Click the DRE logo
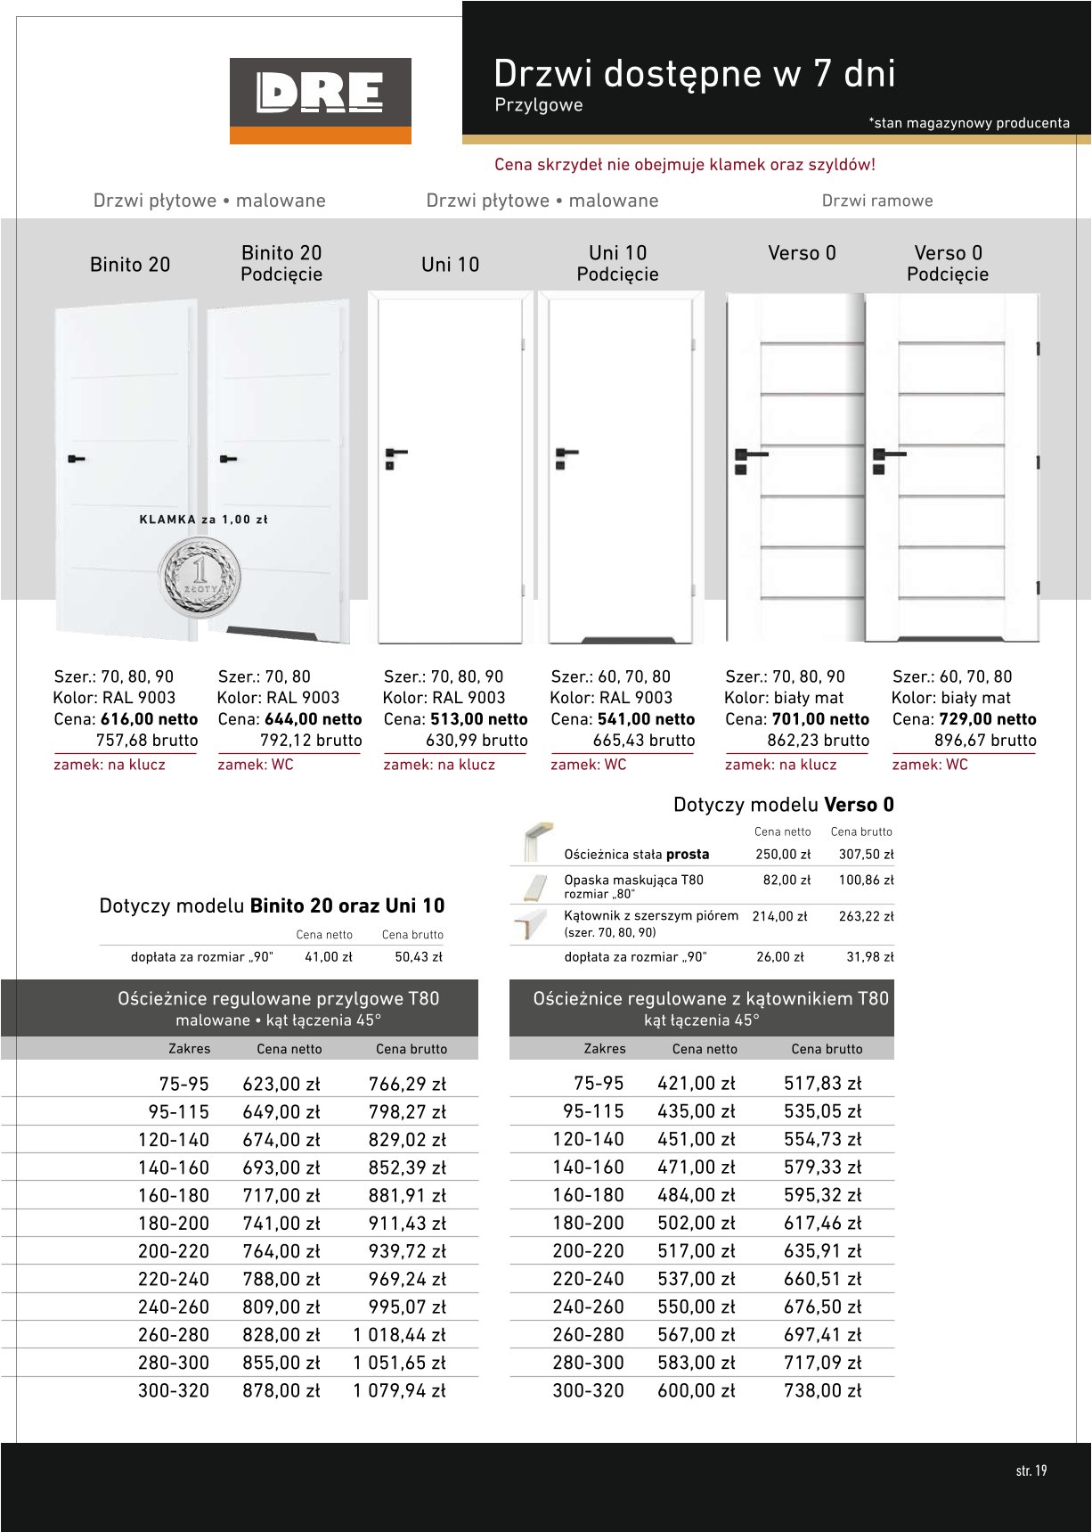pos(321,100)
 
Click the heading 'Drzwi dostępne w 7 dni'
pos(695,73)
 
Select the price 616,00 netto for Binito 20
pos(149,719)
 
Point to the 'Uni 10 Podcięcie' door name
pos(617,264)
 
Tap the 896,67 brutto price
pos(985,741)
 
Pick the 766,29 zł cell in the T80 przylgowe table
pos(407,1084)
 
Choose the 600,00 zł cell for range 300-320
pos(696,1390)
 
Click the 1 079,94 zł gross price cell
pos(399,1390)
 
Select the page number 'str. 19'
pos(1031,1471)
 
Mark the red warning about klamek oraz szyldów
pos(684,165)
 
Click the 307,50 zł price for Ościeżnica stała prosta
pos(866,855)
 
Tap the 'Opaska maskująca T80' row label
pos(633,881)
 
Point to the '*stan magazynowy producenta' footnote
pos(969,123)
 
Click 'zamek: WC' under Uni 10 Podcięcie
pos(589,765)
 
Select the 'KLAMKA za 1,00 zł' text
pos(203,520)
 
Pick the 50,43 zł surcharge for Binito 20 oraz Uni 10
pos(418,957)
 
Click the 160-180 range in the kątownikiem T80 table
pos(588,1195)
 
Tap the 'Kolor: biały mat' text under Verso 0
pos(784,698)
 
